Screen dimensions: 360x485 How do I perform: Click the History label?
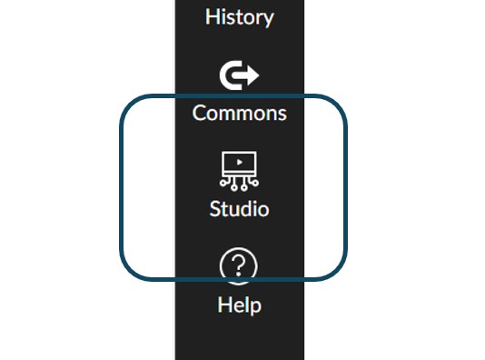coord(240,16)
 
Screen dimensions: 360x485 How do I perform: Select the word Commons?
coord(240,114)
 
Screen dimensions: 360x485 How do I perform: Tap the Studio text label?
coord(240,208)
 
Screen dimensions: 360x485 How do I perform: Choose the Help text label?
coord(240,305)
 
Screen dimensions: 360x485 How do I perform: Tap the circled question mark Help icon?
coord(240,266)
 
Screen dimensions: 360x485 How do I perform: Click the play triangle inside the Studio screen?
coord(240,163)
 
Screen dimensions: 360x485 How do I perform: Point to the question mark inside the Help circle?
coord(240,266)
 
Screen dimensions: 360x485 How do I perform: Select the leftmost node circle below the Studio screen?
coord(223,185)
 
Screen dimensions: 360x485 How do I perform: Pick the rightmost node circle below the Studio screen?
coord(256,185)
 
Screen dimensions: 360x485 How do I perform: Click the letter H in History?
coord(212,16)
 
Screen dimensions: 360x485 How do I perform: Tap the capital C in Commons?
coord(200,114)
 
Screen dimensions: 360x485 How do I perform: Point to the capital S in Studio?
coord(215,208)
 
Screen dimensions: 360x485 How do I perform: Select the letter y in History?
coord(268,18)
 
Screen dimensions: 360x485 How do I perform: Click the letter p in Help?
coord(255,306)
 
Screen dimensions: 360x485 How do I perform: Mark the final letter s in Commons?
coord(282,115)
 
